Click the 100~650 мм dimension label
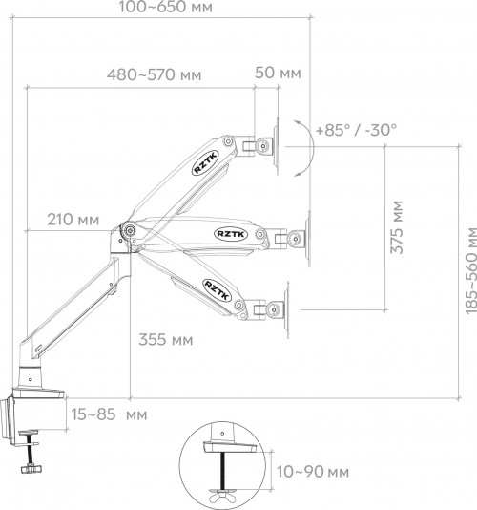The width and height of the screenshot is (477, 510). tap(165, 7)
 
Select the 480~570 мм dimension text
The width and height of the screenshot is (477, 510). tap(154, 74)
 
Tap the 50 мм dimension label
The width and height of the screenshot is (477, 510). tap(278, 73)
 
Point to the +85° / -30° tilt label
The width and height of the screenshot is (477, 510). tap(356, 130)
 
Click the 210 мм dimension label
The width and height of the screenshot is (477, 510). tap(73, 220)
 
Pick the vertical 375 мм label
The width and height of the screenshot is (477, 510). tap(397, 227)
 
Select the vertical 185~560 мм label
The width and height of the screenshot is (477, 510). tap(471, 270)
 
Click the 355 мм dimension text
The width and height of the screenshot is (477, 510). tap(166, 340)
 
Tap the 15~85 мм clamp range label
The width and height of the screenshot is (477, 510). tap(109, 414)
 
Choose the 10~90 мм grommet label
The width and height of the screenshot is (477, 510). tap(313, 472)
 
